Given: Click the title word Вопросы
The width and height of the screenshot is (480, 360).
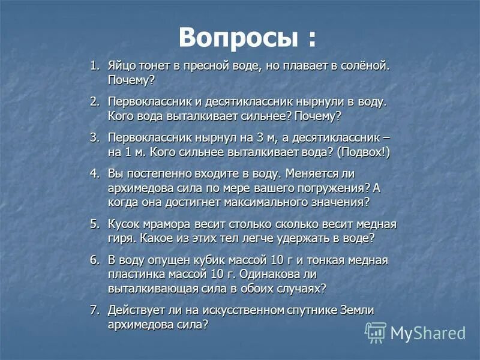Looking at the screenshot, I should pos(238,38).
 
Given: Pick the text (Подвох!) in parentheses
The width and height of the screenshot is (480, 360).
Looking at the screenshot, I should pos(363,152).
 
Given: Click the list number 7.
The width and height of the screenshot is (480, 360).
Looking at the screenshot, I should pos(95,310).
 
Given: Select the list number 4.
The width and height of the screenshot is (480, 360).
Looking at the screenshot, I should pos(95,173).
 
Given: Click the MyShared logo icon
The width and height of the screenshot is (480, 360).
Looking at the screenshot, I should pos(376,332).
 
